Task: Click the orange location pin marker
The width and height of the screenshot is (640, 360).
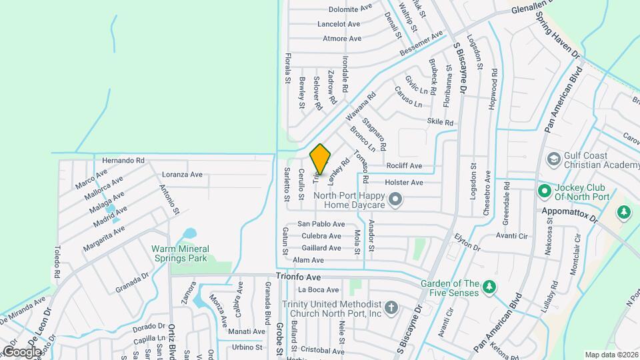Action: click(321, 159)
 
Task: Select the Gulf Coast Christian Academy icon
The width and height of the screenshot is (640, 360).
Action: click(553, 159)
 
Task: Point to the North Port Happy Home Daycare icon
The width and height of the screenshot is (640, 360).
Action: click(395, 199)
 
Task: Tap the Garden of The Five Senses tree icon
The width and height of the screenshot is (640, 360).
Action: click(489, 286)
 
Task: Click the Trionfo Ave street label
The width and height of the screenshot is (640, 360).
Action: click(299, 276)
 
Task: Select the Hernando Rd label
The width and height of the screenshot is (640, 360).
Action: click(123, 161)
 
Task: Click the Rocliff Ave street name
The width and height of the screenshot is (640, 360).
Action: click(404, 165)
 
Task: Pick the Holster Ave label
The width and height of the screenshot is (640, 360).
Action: click(404, 182)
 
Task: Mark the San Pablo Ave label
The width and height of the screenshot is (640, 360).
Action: click(321, 224)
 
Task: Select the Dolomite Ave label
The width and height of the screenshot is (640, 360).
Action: click(350, 9)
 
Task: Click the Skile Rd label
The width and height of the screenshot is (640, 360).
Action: click(440, 123)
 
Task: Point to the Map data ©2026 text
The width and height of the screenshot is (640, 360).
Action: click(611, 355)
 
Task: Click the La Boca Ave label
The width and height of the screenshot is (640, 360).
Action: click(319, 290)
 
